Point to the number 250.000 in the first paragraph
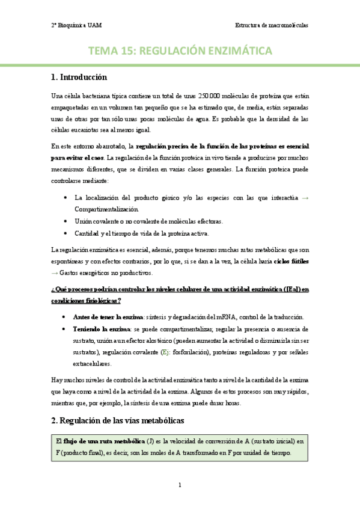[210, 96]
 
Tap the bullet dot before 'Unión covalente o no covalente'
[65, 221]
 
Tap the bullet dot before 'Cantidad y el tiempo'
[65, 233]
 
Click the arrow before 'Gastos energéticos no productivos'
[55, 273]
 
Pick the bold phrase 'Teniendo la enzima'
[100, 329]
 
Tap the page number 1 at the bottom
[180, 484]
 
